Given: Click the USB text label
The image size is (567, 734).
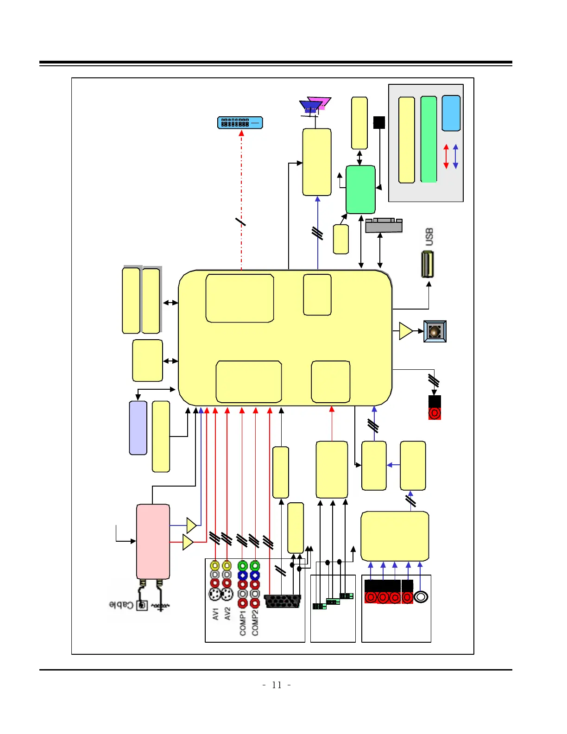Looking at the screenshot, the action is click(x=429, y=237).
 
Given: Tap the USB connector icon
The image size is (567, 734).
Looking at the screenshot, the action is click(x=428, y=264).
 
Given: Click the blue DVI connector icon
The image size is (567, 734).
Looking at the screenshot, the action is click(x=240, y=123).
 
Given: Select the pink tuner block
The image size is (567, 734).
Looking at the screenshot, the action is click(x=153, y=541).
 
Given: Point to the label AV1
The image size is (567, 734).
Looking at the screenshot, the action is click(x=215, y=614).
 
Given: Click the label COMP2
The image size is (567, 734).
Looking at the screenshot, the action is click(x=255, y=622).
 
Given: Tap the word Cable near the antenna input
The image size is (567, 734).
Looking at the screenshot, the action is click(x=121, y=605).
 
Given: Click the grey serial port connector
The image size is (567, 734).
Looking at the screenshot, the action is click(x=384, y=225).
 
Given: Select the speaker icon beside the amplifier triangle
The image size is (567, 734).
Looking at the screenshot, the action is click(x=435, y=331).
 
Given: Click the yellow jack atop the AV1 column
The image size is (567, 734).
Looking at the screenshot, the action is click(x=215, y=565).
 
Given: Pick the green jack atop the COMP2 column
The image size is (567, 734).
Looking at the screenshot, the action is click(x=255, y=565).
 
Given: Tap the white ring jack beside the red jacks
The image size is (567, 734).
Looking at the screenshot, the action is click(x=421, y=597).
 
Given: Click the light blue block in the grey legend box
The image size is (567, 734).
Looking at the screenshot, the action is click(x=451, y=114).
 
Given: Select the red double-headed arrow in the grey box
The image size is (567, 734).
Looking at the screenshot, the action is click(x=446, y=156).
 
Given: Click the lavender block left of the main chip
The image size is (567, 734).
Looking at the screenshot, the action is click(x=138, y=428).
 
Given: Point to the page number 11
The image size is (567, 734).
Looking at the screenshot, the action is click(x=277, y=685).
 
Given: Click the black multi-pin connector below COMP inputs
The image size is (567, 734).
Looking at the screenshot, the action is click(x=282, y=601).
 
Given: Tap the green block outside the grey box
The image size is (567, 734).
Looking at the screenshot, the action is click(x=360, y=190).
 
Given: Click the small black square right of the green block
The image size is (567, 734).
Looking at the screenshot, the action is click(x=379, y=122).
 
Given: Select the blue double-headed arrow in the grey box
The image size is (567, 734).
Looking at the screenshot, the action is click(x=455, y=156).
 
